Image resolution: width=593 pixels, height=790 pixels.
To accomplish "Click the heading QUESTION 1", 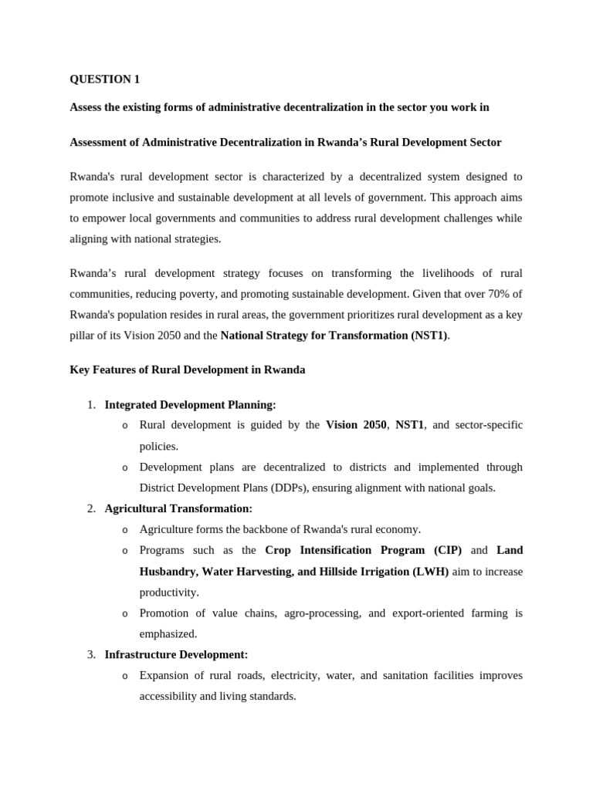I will [x=105, y=79].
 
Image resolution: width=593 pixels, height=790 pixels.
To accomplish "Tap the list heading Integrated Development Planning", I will [x=190, y=404].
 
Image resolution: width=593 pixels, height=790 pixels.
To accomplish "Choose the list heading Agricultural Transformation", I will [x=178, y=508].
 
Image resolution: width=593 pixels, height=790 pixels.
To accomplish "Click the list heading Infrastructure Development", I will [x=176, y=654].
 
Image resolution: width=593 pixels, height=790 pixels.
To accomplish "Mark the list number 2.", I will [x=90, y=508].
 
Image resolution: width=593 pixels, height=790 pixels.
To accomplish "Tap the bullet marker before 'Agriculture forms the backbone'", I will [x=125, y=530].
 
